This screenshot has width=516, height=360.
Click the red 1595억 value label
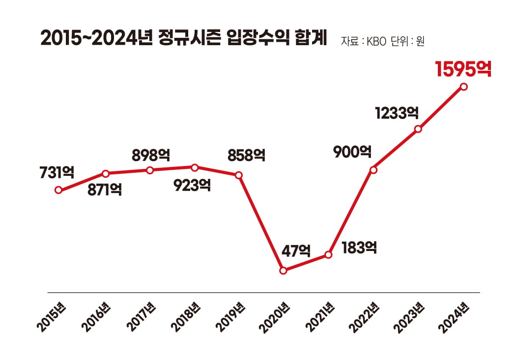pos(463,69)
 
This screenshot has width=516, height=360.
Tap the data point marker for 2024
pos(463,87)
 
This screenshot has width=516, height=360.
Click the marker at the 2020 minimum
pos(283,271)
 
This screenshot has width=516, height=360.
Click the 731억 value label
pos(57,172)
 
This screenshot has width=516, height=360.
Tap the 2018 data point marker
pos(195,167)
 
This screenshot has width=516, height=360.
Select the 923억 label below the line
pos(193,185)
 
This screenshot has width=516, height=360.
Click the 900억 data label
pos(352,152)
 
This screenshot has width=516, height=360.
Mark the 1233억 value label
pos(397,113)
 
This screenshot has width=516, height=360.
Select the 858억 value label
pos(246,156)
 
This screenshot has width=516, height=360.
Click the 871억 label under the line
pos(105,190)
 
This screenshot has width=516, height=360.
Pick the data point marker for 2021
pos(328,255)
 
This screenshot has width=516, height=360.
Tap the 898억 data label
pos(151,156)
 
